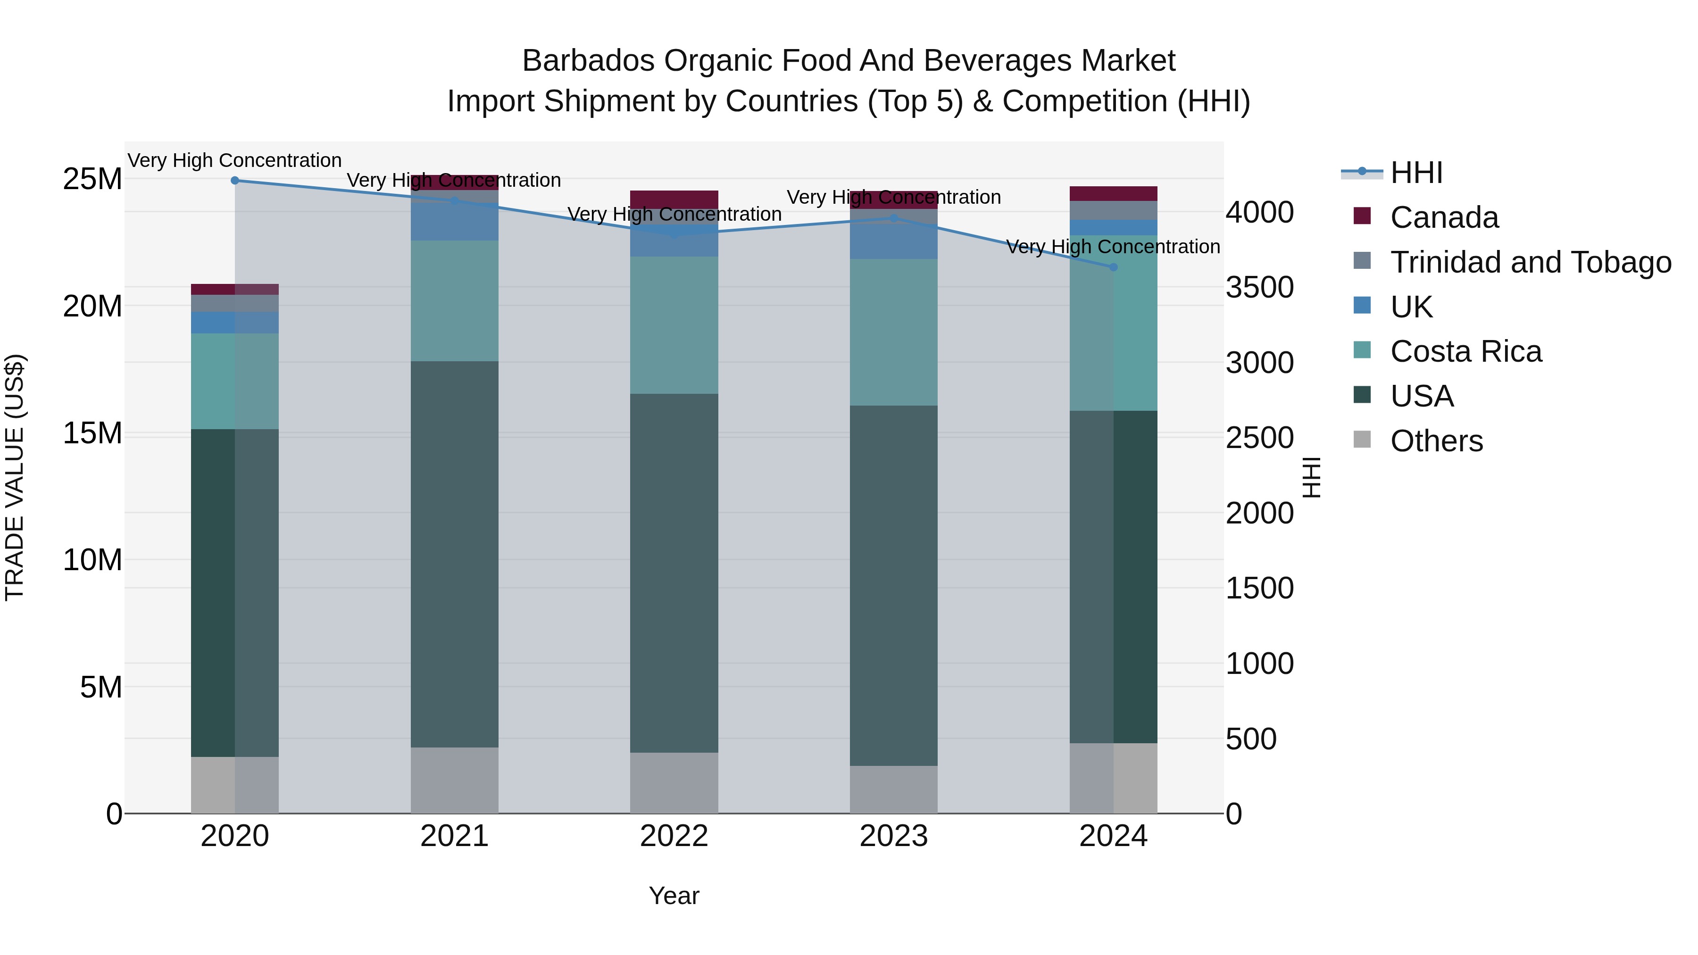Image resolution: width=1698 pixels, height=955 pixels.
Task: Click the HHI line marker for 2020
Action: [235, 181]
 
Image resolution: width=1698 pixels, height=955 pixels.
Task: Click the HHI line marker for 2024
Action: [1113, 267]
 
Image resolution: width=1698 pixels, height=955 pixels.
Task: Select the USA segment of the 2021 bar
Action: [454, 554]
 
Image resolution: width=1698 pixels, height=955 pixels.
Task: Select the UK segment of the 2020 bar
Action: [235, 322]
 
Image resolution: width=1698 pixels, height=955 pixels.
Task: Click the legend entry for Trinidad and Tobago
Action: [1530, 262]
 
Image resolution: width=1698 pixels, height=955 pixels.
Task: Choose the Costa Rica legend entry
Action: [1465, 351]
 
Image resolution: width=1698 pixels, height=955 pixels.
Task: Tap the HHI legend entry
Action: [1416, 173]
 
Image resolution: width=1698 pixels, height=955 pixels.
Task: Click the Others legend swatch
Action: [1362, 440]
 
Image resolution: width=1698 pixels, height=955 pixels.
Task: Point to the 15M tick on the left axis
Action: [92, 433]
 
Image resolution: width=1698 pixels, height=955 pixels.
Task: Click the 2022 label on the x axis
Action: [674, 836]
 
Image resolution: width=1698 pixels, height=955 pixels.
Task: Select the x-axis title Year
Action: [674, 896]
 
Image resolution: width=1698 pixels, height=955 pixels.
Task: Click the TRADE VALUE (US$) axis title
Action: [15, 477]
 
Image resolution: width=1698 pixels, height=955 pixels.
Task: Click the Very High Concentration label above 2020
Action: [235, 161]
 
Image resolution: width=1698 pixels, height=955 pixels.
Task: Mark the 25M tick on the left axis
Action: [92, 179]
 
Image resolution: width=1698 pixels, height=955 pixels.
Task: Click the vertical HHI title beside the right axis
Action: [1312, 477]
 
